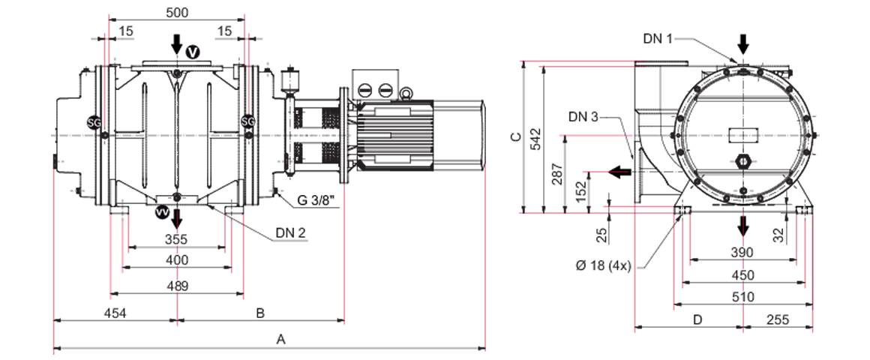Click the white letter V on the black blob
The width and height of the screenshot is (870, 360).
(x=192, y=52)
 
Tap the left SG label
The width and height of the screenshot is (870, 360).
(x=94, y=121)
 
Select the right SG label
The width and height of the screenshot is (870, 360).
(x=247, y=121)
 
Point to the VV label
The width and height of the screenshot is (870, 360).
(x=161, y=213)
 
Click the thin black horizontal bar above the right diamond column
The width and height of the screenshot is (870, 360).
(x=739, y=204)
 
